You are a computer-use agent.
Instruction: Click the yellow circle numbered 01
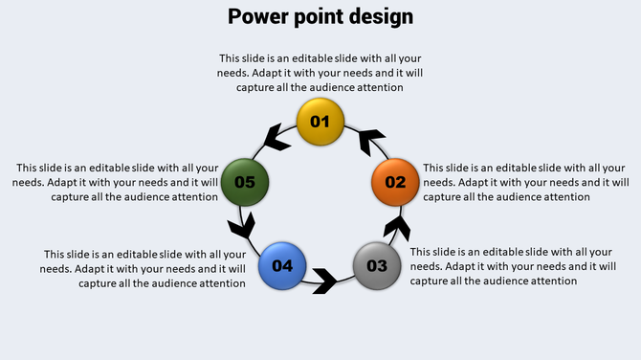coord(320,122)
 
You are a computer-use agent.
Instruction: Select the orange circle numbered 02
coord(395,182)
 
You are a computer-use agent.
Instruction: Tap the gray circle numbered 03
coord(377,265)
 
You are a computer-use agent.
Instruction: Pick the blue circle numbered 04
coord(282,265)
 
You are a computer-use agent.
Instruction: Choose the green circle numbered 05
coord(245,182)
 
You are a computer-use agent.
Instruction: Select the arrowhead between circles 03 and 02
coord(398,228)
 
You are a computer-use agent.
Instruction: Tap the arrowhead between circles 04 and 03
coord(324,281)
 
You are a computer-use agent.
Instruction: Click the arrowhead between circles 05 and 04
coord(243,227)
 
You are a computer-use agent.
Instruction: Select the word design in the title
coord(382,16)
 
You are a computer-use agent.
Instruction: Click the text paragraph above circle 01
coord(320,73)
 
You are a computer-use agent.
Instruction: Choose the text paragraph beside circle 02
coord(525,182)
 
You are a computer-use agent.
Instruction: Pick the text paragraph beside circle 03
coord(511,266)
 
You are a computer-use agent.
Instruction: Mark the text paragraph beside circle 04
coord(144,268)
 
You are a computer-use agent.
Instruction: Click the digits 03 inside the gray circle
coord(377,265)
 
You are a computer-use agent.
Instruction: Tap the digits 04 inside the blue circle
coord(282,265)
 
